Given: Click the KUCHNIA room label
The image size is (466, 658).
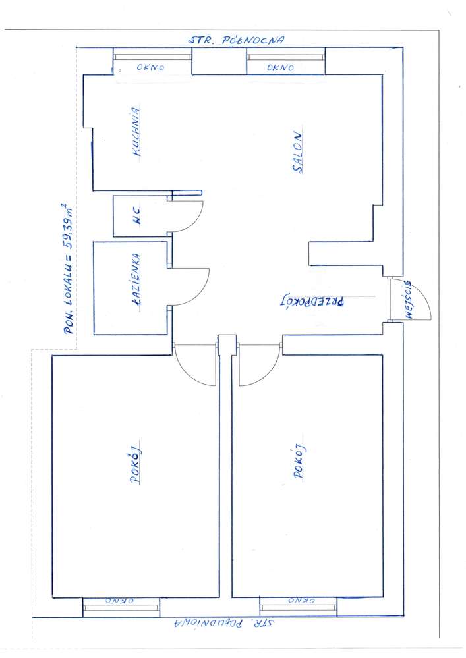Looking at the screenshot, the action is coord(136,132).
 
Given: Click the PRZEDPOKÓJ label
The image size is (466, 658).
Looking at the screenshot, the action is coord(312,301).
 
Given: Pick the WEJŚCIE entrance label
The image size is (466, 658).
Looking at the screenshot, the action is coord(407,300).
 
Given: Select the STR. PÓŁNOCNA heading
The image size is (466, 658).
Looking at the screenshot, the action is coord(236,40).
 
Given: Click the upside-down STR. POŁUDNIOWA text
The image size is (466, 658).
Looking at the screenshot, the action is coord(225,622).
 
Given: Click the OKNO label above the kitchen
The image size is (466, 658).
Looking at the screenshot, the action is coord(150,67).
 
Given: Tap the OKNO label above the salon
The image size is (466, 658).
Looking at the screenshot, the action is coord(280,67).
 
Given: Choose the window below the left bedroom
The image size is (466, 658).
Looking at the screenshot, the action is coord(121,607).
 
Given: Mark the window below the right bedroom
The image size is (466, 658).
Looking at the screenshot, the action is coord(299,607).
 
